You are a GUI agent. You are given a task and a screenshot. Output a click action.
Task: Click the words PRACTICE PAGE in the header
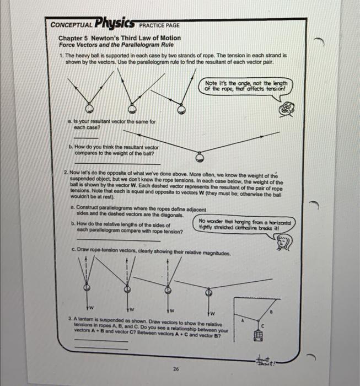pyautogui.click(x=160, y=25)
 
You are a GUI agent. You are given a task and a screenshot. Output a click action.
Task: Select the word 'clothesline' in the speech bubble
pyautogui.click(x=238, y=225)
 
